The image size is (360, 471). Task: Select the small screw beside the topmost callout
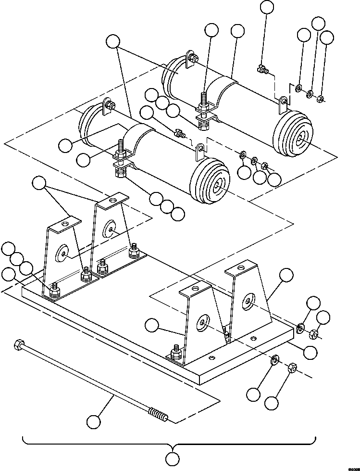click(x=262, y=70)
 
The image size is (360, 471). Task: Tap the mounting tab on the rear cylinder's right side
click(x=284, y=101)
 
